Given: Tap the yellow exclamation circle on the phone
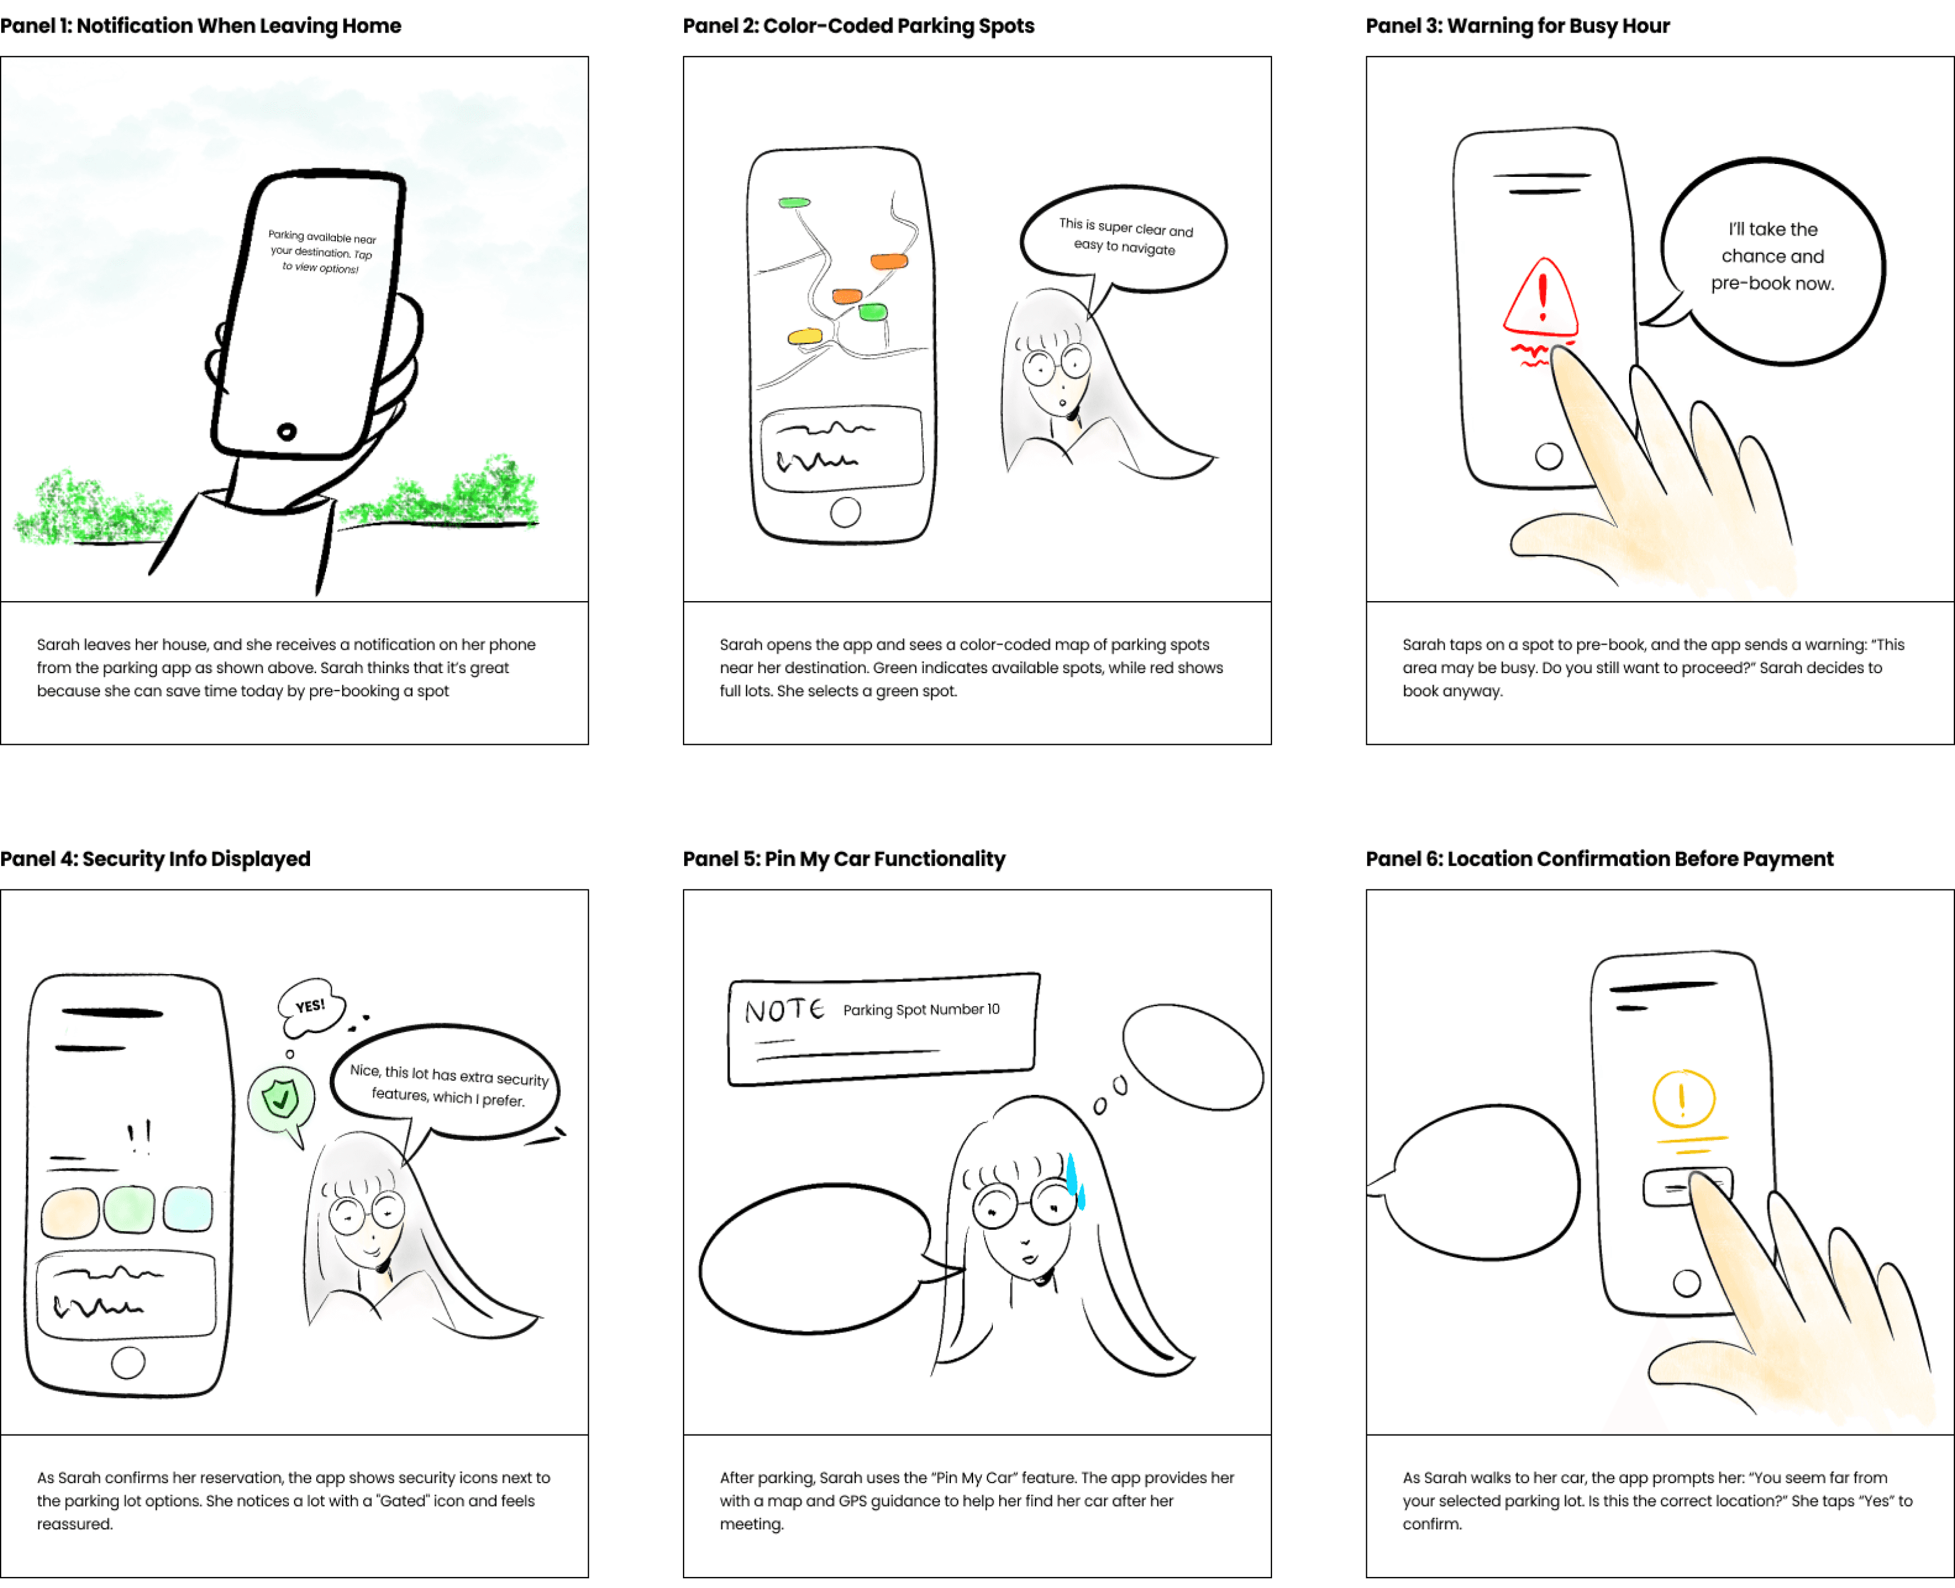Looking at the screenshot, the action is coord(1683,1098).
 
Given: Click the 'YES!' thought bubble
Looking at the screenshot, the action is coord(311,1006).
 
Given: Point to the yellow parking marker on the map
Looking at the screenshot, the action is coord(805,337).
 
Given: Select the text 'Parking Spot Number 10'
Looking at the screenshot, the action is coord(921,1009).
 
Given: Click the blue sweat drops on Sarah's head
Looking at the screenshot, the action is coord(1075,1178).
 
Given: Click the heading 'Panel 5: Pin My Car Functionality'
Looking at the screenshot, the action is coord(843,858).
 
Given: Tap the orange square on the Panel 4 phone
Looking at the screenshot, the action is coord(70,1211).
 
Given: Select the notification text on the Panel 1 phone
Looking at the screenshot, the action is coord(322,252).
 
